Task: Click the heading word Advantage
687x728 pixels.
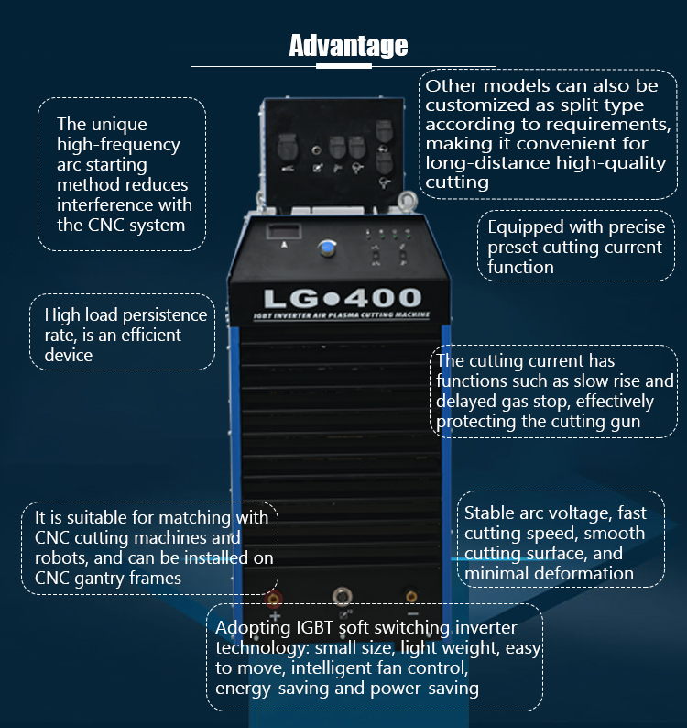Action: coord(348,45)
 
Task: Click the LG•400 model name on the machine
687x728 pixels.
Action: coord(343,298)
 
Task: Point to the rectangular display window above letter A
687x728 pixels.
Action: coord(285,232)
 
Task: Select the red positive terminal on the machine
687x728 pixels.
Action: coord(273,599)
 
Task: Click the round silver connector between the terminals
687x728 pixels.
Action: coord(343,596)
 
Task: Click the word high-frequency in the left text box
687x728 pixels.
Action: coord(118,144)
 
